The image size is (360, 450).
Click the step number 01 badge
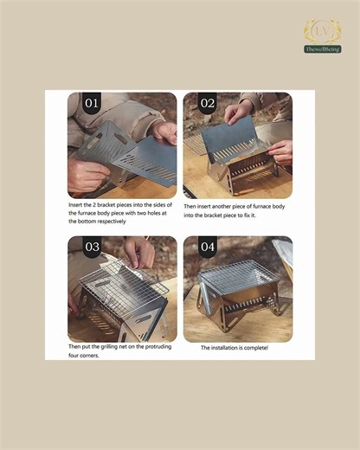pos(91,103)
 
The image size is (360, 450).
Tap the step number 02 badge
pos(208,103)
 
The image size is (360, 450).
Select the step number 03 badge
pos(91,247)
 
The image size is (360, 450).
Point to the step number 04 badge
pos(208,247)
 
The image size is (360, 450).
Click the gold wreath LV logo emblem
pos(322,32)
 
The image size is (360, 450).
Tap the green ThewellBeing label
pos(322,49)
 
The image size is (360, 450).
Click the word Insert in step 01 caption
pos(77,204)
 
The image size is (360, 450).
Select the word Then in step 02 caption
pos(191,207)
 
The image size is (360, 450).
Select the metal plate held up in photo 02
pos(229,138)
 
